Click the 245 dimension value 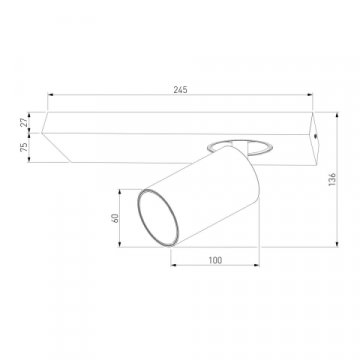pyautogui.click(x=180, y=90)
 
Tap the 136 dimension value pyautogui.click(x=332, y=179)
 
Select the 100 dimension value pyautogui.click(x=215, y=260)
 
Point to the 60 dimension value pyautogui.click(x=115, y=218)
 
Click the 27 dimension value pyautogui.click(x=25, y=122)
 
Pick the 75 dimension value pyautogui.click(x=25, y=148)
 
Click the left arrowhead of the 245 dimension pyautogui.click(x=50, y=95)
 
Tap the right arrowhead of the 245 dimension pyautogui.click(x=310, y=95)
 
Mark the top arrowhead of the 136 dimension pyautogui.click(x=337, y=115)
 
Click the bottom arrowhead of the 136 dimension pyautogui.click(x=337, y=244)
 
